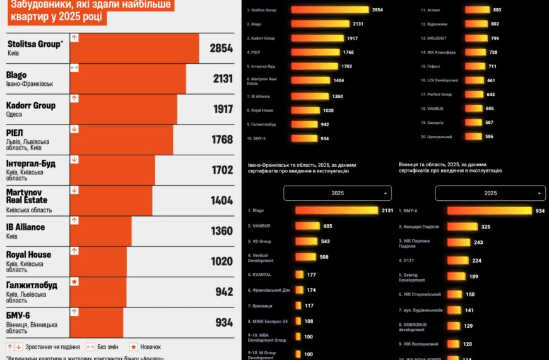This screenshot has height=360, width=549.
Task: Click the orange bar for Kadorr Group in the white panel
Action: tap(123, 109)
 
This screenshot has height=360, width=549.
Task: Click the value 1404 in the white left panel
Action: tap(221, 201)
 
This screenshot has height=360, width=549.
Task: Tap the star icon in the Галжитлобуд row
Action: tap(74, 282)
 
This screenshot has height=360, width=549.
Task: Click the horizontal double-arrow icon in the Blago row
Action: tap(74, 68)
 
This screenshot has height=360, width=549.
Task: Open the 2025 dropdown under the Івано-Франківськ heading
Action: tap(337, 193)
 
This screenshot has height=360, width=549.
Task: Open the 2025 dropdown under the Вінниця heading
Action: tap(490, 193)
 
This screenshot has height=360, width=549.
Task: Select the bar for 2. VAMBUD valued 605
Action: tap(307, 225)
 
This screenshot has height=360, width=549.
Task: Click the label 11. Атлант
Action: tap(431, 10)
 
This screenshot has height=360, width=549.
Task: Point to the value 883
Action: tap(497, 10)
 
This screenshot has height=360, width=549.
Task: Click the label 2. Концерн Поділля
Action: tap(418, 226)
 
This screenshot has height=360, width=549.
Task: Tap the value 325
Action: tap(485, 226)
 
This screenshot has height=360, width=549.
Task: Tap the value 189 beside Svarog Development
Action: tap(473, 276)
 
